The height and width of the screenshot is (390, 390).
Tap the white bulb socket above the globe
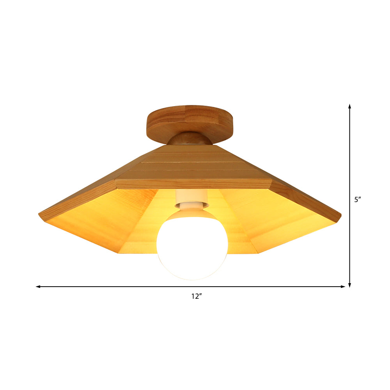click(191, 199)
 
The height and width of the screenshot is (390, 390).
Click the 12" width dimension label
click(197, 296)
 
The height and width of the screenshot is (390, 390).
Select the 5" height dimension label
click(358, 200)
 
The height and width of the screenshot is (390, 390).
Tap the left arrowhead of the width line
click(38, 287)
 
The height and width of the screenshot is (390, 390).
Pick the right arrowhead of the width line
click(343, 287)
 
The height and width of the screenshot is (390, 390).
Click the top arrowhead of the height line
click(350, 106)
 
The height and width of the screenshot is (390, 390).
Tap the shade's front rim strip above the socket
click(193, 184)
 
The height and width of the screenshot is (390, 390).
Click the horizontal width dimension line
click(117, 287)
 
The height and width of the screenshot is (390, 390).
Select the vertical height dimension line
click(350, 156)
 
